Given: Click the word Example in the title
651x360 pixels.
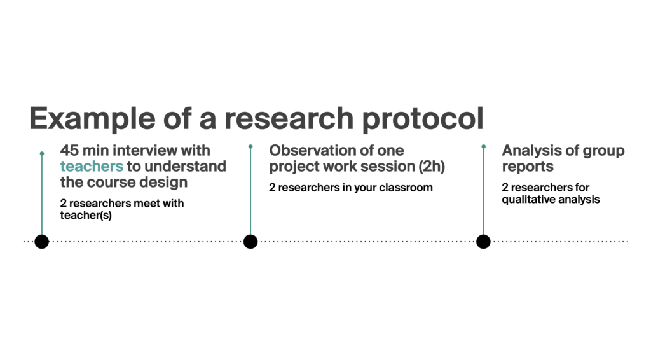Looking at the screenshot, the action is [x=92, y=119].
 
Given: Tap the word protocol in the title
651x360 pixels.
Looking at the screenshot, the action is [x=423, y=119].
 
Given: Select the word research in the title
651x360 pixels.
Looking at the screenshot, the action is [x=289, y=118].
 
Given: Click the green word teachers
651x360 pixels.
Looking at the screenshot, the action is [x=92, y=166].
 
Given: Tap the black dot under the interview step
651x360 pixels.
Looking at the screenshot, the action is [x=41, y=241].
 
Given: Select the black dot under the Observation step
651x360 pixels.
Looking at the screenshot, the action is [x=250, y=241].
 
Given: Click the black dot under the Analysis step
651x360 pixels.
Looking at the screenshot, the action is [x=483, y=241].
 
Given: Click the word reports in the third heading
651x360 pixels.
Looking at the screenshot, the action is [x=528, y=167].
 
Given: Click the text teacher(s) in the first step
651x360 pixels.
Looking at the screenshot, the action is [x=86, y=215].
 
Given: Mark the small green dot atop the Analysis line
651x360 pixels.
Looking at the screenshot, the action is [x=483, y=146].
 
